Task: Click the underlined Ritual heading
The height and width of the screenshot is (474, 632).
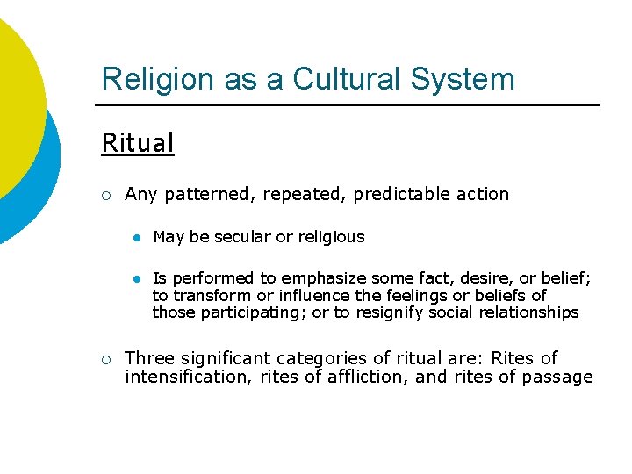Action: click(x=138, y=143)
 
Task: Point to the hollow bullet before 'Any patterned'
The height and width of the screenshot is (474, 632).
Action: click(x=105, y=195)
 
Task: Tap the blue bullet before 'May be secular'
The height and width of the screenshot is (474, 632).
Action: click(x=136, y=238)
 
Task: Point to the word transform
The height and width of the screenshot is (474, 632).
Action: click(x=212, y=295)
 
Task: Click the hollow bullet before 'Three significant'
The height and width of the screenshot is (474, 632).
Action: click(x=105, y=359)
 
